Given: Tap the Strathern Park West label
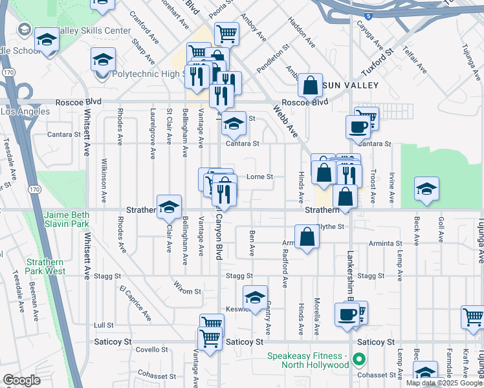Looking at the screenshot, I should pyautogui.click(x=45, y=266).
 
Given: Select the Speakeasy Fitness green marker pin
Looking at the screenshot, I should pyautogui.click(x=360, y=356).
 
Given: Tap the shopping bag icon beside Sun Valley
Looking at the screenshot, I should pyautogui.click(x=311, y=85).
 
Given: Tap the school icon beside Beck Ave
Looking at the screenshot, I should pyautogui.click(x=426, y=188).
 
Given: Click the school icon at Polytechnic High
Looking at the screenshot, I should pyautogui.click(x=103, y=60).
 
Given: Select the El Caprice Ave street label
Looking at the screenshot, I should pyautogui.click(x=135, y=301).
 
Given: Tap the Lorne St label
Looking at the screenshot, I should pyautogui.click(x=261, y=177).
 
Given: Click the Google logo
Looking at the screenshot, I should pyautogui.click(x=21, y=380).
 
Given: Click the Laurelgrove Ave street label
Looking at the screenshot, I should pyautogui.click(x=153, y=133).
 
